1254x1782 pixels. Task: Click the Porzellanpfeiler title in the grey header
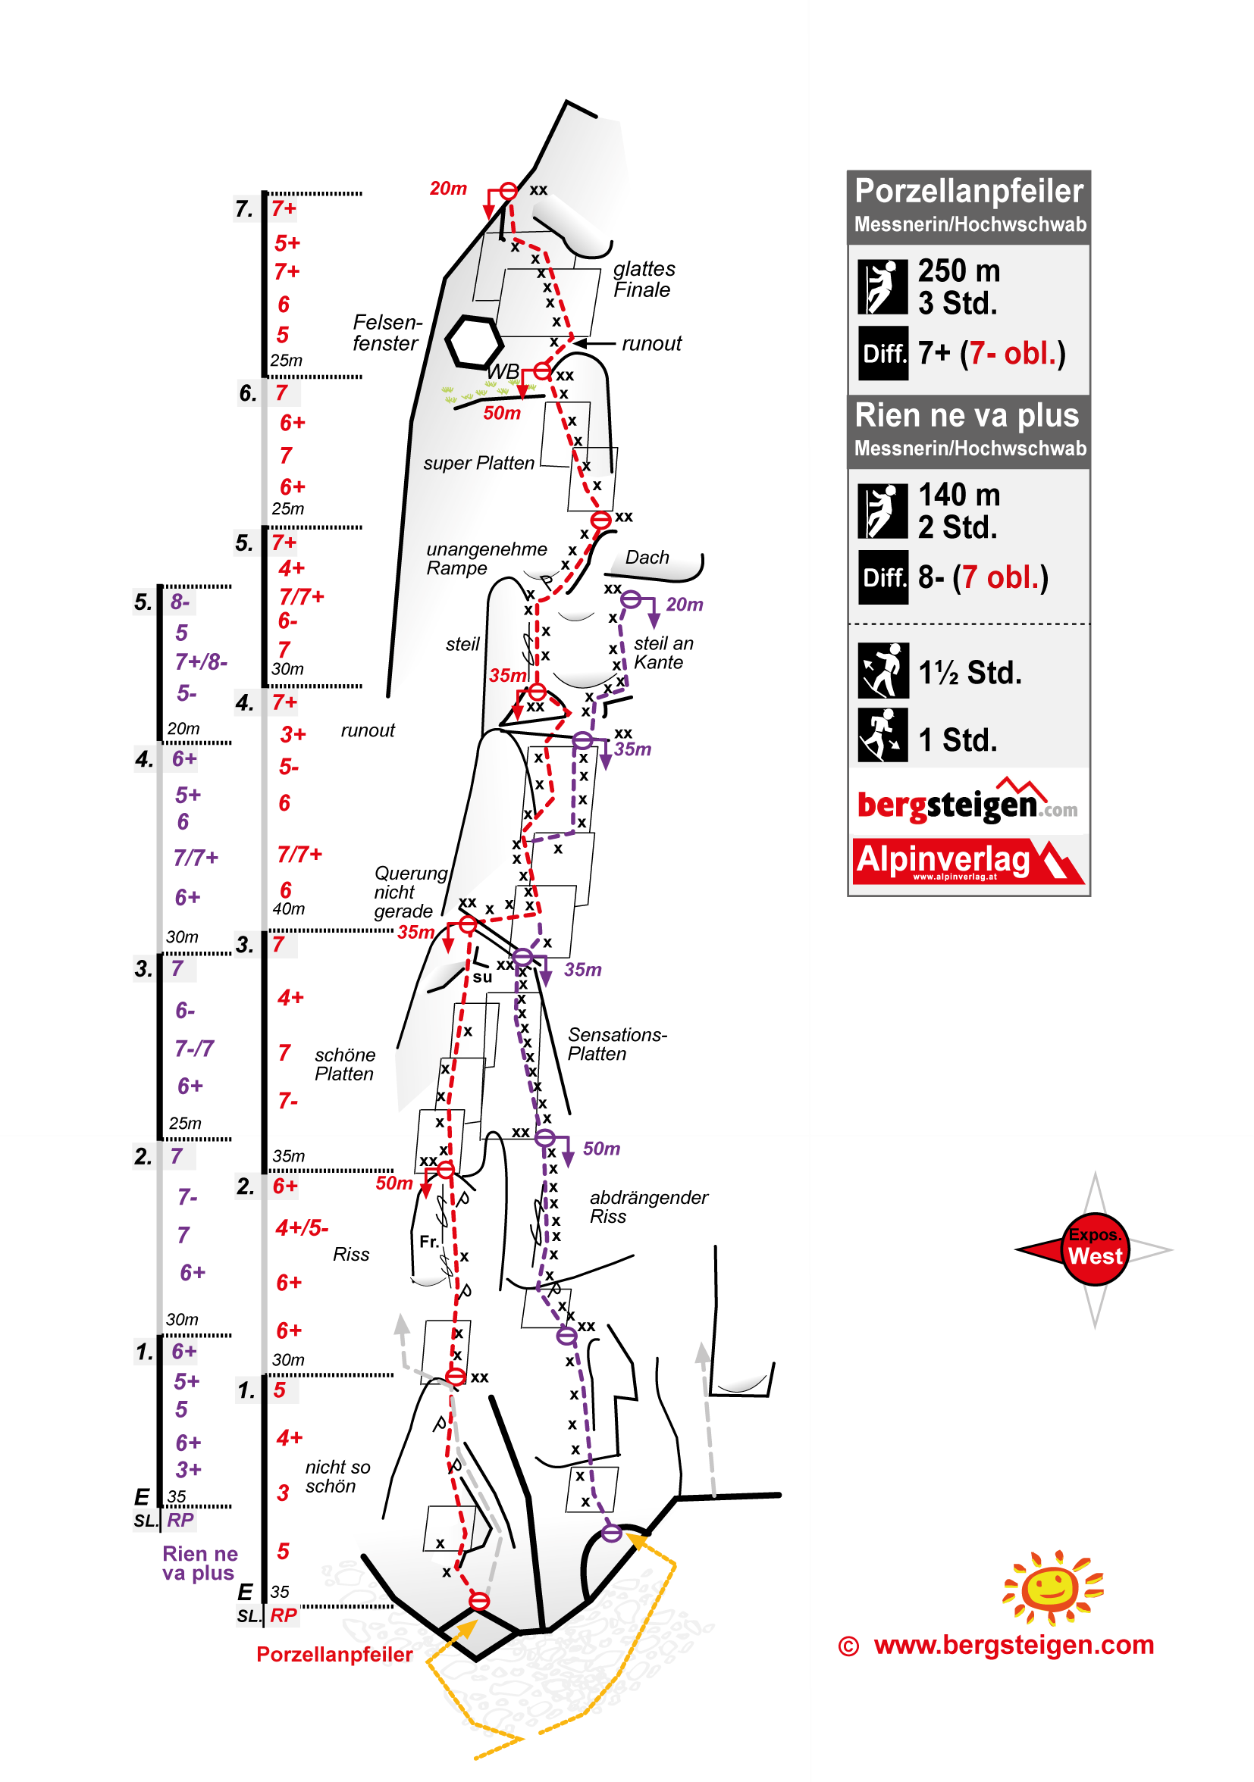coord(968,191)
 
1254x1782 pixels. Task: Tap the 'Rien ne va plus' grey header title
coord(967,415)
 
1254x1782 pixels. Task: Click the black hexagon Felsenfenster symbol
coord(473,342)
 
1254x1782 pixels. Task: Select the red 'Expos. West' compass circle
coord(1094,1249)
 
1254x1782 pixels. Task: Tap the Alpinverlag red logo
coord(967,861)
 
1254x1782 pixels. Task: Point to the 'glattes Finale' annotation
coord(644,280)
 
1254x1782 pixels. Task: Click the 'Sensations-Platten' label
coord(616,1044)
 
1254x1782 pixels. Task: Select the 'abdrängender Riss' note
coord(648,1207)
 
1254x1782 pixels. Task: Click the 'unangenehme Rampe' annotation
coord(486,559)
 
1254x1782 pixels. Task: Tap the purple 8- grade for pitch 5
coord(180,602)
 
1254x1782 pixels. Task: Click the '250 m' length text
coord(959,271)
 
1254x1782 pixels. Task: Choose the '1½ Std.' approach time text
coord(970,673)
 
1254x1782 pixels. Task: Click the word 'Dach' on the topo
coord(647,558)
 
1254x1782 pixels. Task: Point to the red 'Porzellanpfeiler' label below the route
coord(334,1654)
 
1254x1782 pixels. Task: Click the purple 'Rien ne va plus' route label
coord(199,1563)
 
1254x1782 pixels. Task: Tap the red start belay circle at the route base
coord(479,1600)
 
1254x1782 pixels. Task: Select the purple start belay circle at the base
coord(612,1533)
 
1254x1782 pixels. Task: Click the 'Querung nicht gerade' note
coord(411,892)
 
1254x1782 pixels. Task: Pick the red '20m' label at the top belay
coord(448,189)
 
